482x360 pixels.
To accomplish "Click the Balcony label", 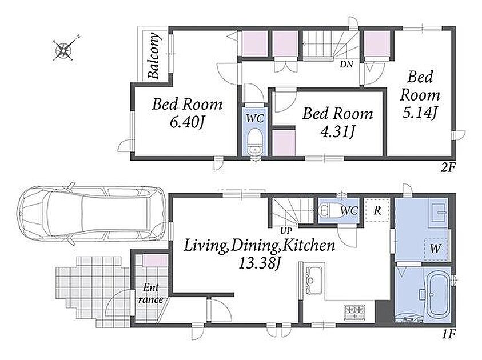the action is click(x=154, y=55).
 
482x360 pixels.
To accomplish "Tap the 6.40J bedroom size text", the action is click(x=187, y=123).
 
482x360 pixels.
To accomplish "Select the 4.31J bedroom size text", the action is click(x=337, y=132).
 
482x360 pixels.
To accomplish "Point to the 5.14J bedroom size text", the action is click(x=420, y=114).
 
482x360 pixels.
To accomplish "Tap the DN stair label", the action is click(x=346, y=65).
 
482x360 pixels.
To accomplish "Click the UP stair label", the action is click(x=286, y=231).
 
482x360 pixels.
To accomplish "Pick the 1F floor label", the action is click(x=448, y=334).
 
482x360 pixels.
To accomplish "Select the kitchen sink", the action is click(x=312, y=280).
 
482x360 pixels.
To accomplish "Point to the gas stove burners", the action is click(x=354, y=312).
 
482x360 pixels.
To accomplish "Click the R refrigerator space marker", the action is click(x=377, y=210).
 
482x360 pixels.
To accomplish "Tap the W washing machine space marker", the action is click(x=436, y=249).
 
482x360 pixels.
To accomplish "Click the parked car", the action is click(x=91, y=214).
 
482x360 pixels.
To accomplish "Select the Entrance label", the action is click(x=150, y=294).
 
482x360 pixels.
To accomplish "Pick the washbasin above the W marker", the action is click(x=439, y=211).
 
